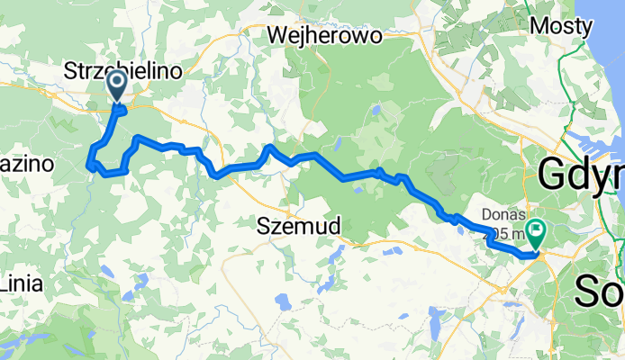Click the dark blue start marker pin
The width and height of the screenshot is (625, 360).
point(117,86)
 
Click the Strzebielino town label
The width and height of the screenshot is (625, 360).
point(124,70)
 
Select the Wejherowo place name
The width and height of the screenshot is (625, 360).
point(325,35)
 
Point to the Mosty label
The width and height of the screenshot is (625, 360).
point(561,26)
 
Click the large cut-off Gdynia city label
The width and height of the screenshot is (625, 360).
point(581,174)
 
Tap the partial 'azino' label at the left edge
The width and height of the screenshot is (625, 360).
point(27,165)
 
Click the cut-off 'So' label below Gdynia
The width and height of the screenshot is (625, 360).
point(599,290)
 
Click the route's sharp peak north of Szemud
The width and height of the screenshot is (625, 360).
point(268,146)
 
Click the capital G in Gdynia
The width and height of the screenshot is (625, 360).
point(553,174)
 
